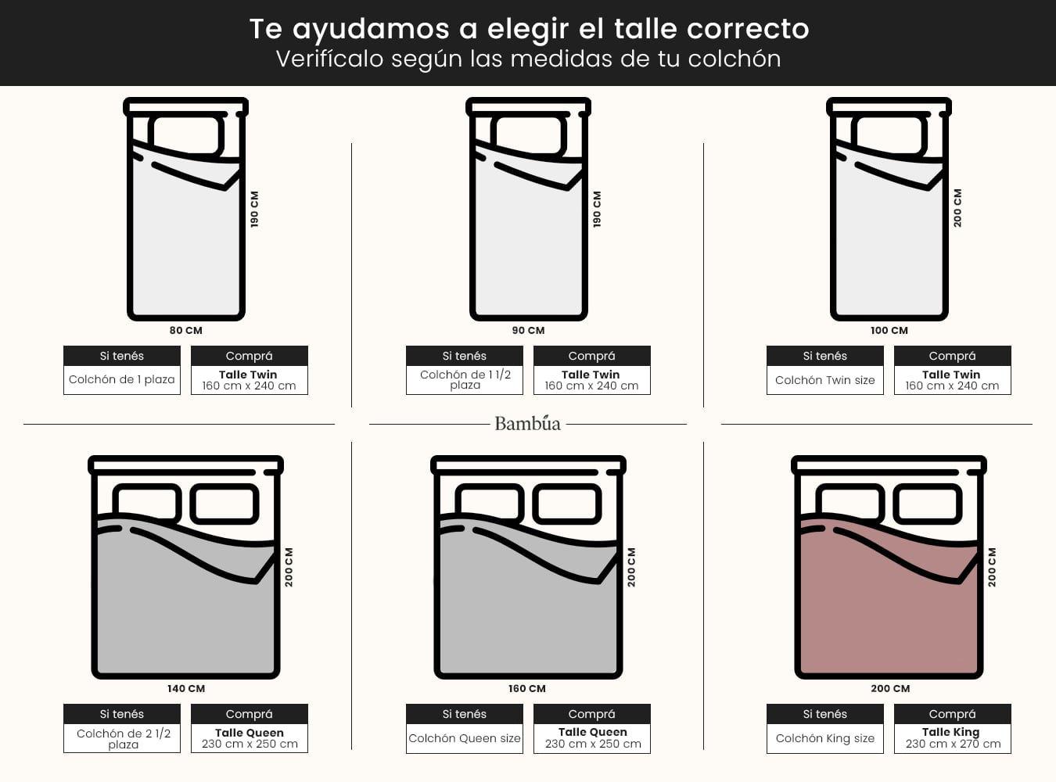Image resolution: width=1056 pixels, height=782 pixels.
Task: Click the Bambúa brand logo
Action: (x=527, y=423)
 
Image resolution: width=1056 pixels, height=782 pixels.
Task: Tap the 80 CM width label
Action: (x=185, y=330)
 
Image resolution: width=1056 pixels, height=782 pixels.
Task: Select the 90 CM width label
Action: (x=528, y=330)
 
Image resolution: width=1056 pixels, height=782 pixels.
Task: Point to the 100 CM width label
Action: (x=889, y=330)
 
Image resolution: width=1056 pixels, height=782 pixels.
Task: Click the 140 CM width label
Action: (x=185, y=688)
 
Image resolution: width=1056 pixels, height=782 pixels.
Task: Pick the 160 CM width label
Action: (x=527, y=688)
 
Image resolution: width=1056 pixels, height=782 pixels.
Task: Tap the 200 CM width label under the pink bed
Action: (x=890, y=688)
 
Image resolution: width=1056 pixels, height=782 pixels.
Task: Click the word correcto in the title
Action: (x=748, y=29)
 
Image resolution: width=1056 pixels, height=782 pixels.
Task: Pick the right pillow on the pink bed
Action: (x=928, y=504)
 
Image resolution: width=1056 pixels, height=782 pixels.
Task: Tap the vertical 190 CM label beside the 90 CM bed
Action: (x=597, y=209)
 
